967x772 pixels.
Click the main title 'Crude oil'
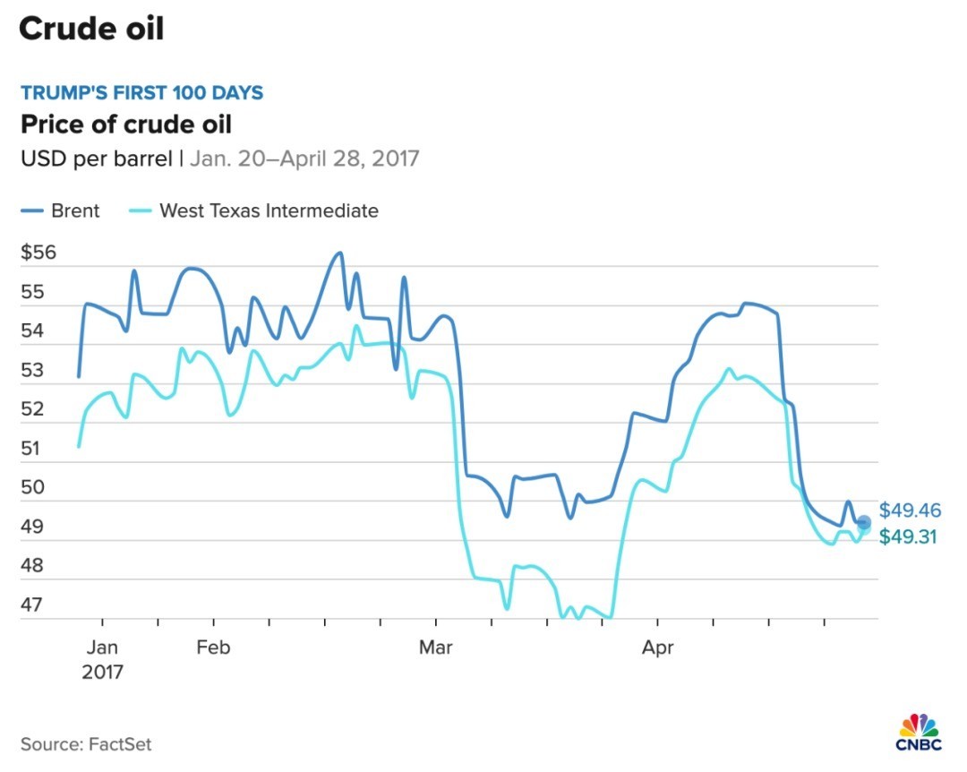91,29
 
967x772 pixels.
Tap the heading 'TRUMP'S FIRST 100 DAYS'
141,93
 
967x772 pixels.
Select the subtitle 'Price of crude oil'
126,124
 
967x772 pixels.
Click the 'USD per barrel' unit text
97,159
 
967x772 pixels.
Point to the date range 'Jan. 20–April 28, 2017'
304,159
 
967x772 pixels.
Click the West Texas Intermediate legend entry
256,211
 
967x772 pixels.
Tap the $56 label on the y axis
38,253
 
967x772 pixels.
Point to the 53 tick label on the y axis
32,370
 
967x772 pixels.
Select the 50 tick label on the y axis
32,487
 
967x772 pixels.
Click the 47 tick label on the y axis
32,605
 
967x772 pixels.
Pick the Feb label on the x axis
213,648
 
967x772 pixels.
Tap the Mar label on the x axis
436,648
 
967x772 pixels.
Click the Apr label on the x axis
657,648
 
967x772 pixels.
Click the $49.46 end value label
910,510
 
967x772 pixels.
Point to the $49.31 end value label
910,537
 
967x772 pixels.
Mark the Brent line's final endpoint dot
864,522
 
